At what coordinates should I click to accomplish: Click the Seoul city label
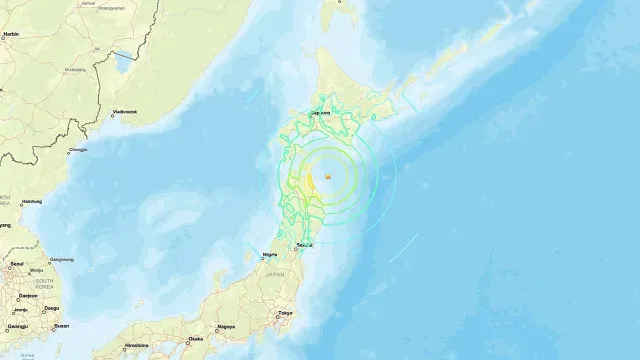tap(16, 264)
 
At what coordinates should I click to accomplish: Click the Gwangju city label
tap(16, 325)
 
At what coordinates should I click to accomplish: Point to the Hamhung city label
tap(32, 201)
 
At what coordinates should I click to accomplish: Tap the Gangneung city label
tap(61, 258)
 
